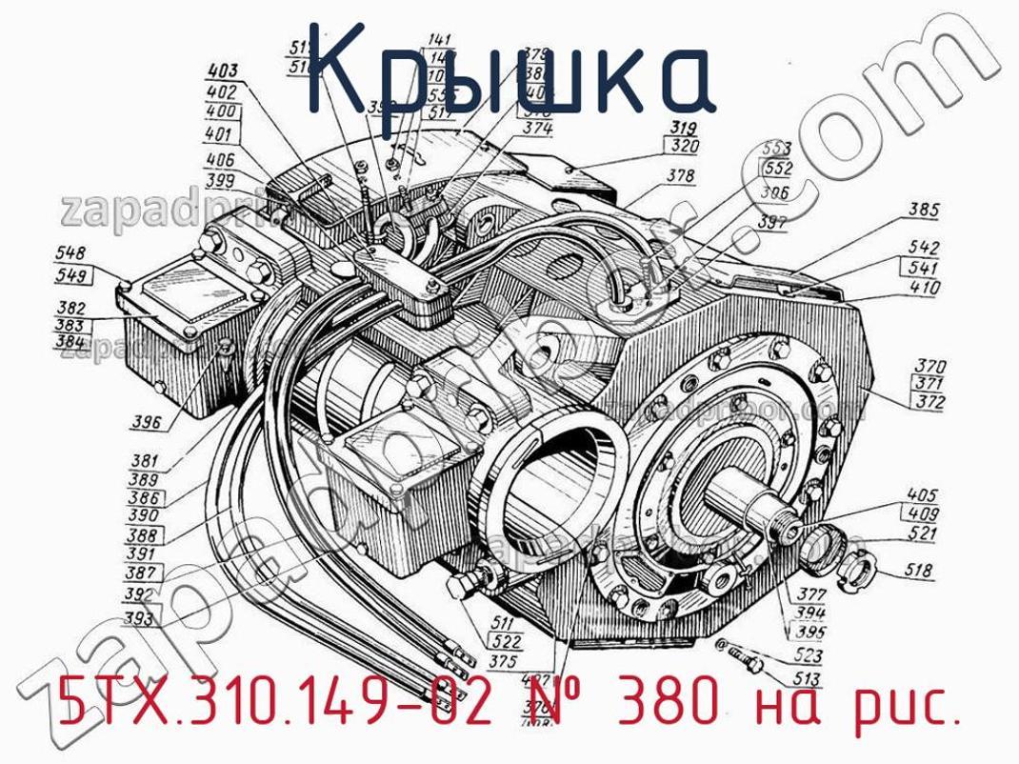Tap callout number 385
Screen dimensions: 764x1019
point(923,210)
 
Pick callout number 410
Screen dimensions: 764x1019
point(924,286)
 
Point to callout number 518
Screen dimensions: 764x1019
point(923,573)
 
